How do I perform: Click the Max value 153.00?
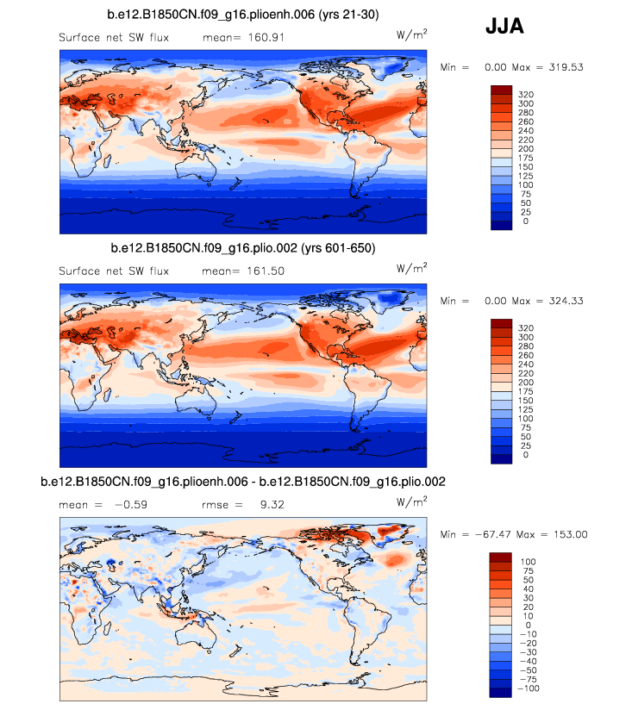(566, 534)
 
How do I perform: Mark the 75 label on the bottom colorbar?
(522, 570)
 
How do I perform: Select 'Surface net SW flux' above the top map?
(114, 37)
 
